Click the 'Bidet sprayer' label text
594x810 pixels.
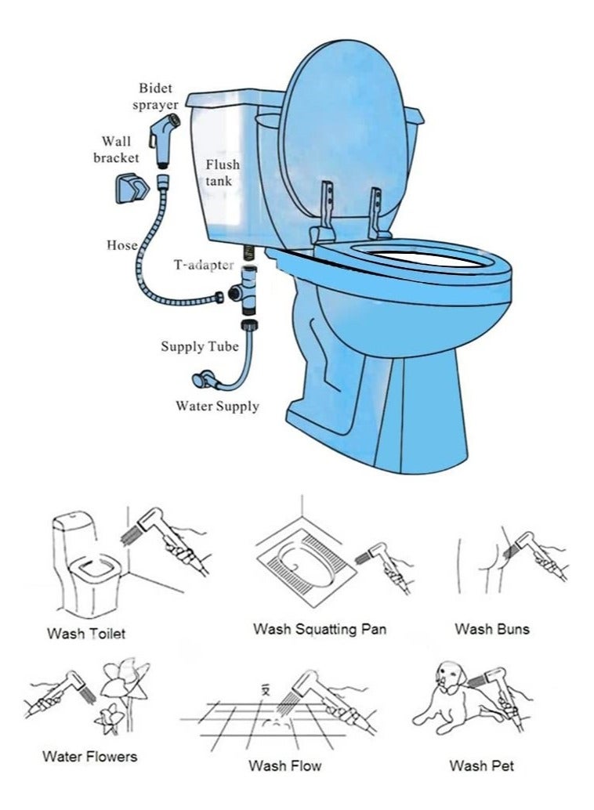[x=159, y=96]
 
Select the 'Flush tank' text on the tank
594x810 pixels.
[x=223, y=172]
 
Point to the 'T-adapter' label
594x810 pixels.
[x=203, y=265]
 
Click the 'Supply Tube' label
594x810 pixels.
[x=200, y=346]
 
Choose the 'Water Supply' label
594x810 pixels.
[x=217, y=406]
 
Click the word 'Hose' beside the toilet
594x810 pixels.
[x=122, y=245]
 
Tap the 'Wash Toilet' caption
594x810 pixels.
[x=86, y=633]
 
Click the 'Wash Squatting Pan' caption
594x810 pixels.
[x=320, y=628]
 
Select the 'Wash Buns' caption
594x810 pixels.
[x=492, y=628]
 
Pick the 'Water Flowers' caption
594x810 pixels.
[x=89, y=756]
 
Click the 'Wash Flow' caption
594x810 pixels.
[x=284, y=765]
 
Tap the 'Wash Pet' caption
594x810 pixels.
[x=482, y=765]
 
